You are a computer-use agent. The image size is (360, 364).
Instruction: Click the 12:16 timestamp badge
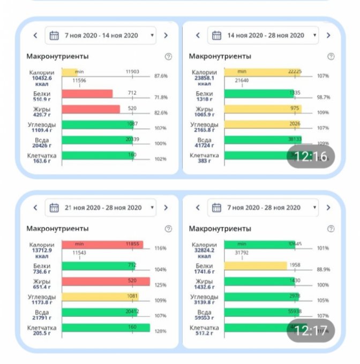(311, 157)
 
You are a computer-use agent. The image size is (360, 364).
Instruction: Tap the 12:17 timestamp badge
(311, 330)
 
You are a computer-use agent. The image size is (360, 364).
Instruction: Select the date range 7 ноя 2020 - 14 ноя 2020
(101, 35)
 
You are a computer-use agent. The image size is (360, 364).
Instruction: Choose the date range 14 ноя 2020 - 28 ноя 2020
(265, 35)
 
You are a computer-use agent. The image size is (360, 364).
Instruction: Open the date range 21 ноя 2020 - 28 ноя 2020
(101, 208)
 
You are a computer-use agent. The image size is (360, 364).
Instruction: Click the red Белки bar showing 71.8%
(87, 94)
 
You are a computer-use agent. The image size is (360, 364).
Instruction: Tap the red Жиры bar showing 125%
(106, 282)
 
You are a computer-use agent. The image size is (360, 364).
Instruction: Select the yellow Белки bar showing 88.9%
(256, 266)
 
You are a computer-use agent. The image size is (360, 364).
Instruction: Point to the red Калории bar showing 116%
(102, 245)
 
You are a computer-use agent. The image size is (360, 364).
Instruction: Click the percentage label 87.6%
(160, 76)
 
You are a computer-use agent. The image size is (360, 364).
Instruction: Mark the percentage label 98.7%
(323, 97)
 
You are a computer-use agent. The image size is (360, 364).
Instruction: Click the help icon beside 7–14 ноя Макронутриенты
(168, 56)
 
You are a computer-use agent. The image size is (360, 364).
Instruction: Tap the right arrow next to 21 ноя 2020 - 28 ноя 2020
(166, 208)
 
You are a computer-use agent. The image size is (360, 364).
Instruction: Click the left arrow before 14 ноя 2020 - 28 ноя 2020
(198, 35)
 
